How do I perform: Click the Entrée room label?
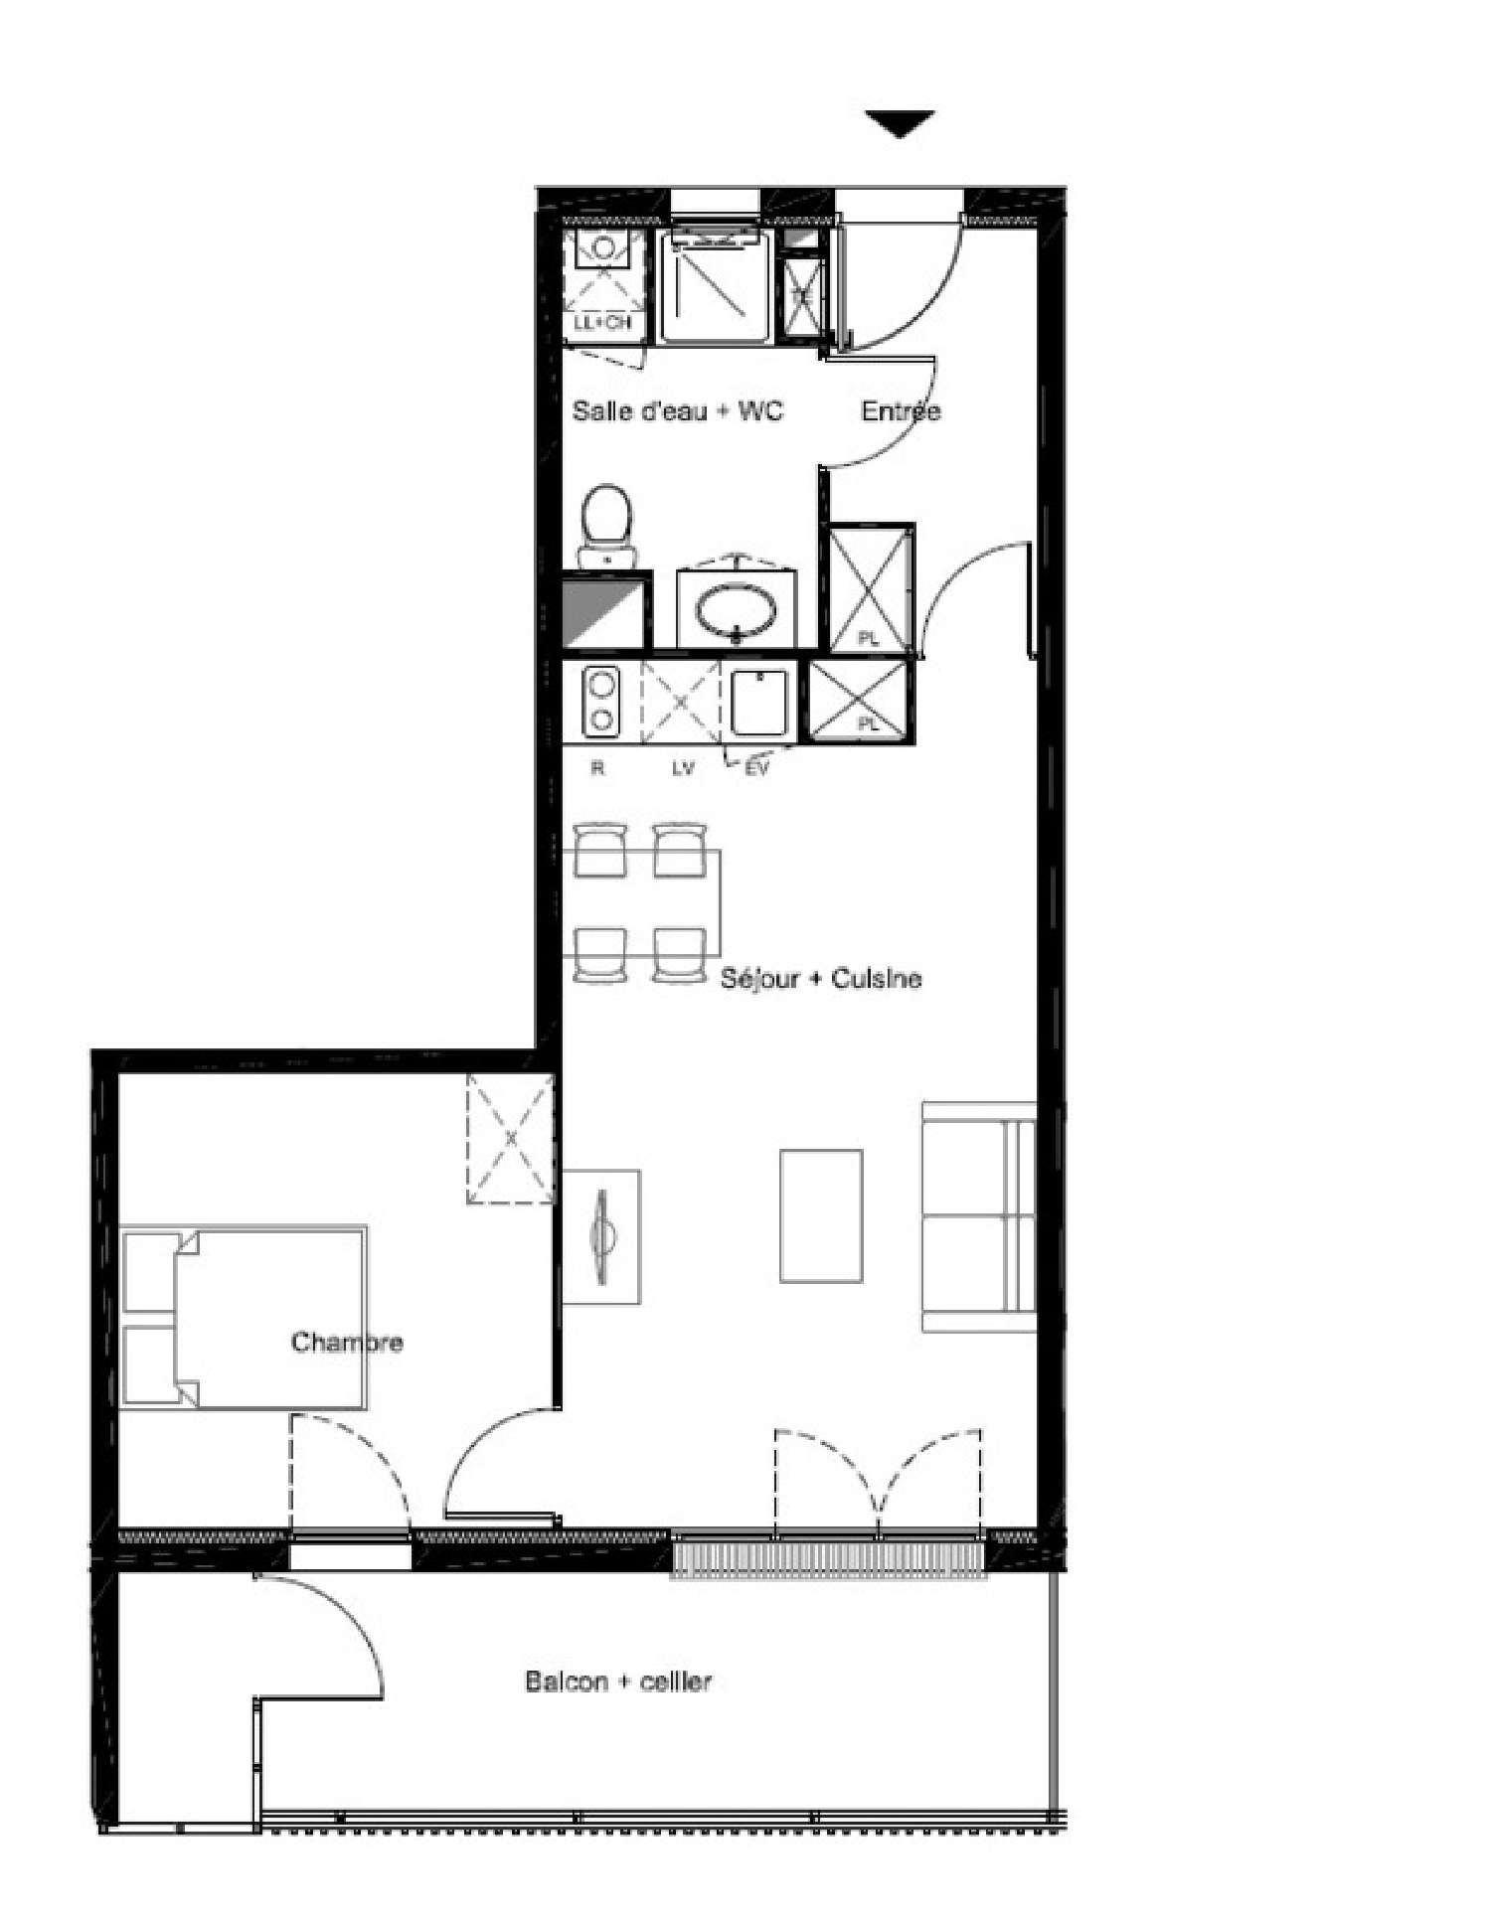pyautogui.click(x=901, y=411)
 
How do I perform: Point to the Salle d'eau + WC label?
pyautogui.click(x=677, y=411)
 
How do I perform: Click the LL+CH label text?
pyautogui.click(x=602, y=323)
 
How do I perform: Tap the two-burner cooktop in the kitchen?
pyautogui.click(x=600, y=702)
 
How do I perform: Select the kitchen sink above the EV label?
pyautogui.click(x=759, y=703)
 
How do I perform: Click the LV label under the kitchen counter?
pyautogui.click(x=682, y=768)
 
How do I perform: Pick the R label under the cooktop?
pyautogui.click(x=597, y=768)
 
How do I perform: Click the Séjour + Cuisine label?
pyautogui.click(x=820, y=979)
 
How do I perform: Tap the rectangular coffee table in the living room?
pyautogui.click(x=821, y=1215)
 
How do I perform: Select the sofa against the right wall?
pyautogui.click(x=979, y=1216)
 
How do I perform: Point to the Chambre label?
pyautogui.click(x=347, y=1343)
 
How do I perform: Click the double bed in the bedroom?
pyautogui.click(x=245, y=1317)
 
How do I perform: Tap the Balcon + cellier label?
pyautogui.click(x=618, y=1682)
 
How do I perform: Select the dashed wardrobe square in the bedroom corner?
pyautogui.click(x=511, y=1139)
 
